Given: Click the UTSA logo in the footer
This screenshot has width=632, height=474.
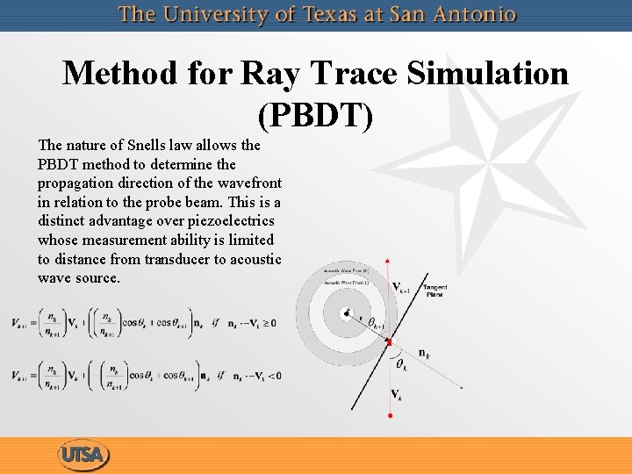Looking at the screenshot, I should point(85,455).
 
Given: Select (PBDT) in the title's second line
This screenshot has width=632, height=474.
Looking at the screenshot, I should point(315,113).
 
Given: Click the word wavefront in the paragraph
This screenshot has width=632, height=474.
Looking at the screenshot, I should point(248,183).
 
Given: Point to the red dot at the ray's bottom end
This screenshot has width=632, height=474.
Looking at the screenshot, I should point(390,415).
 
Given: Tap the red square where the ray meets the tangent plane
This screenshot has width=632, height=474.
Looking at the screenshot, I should point(390,341).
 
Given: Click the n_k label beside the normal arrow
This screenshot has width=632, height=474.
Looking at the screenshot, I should point(423,354).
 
